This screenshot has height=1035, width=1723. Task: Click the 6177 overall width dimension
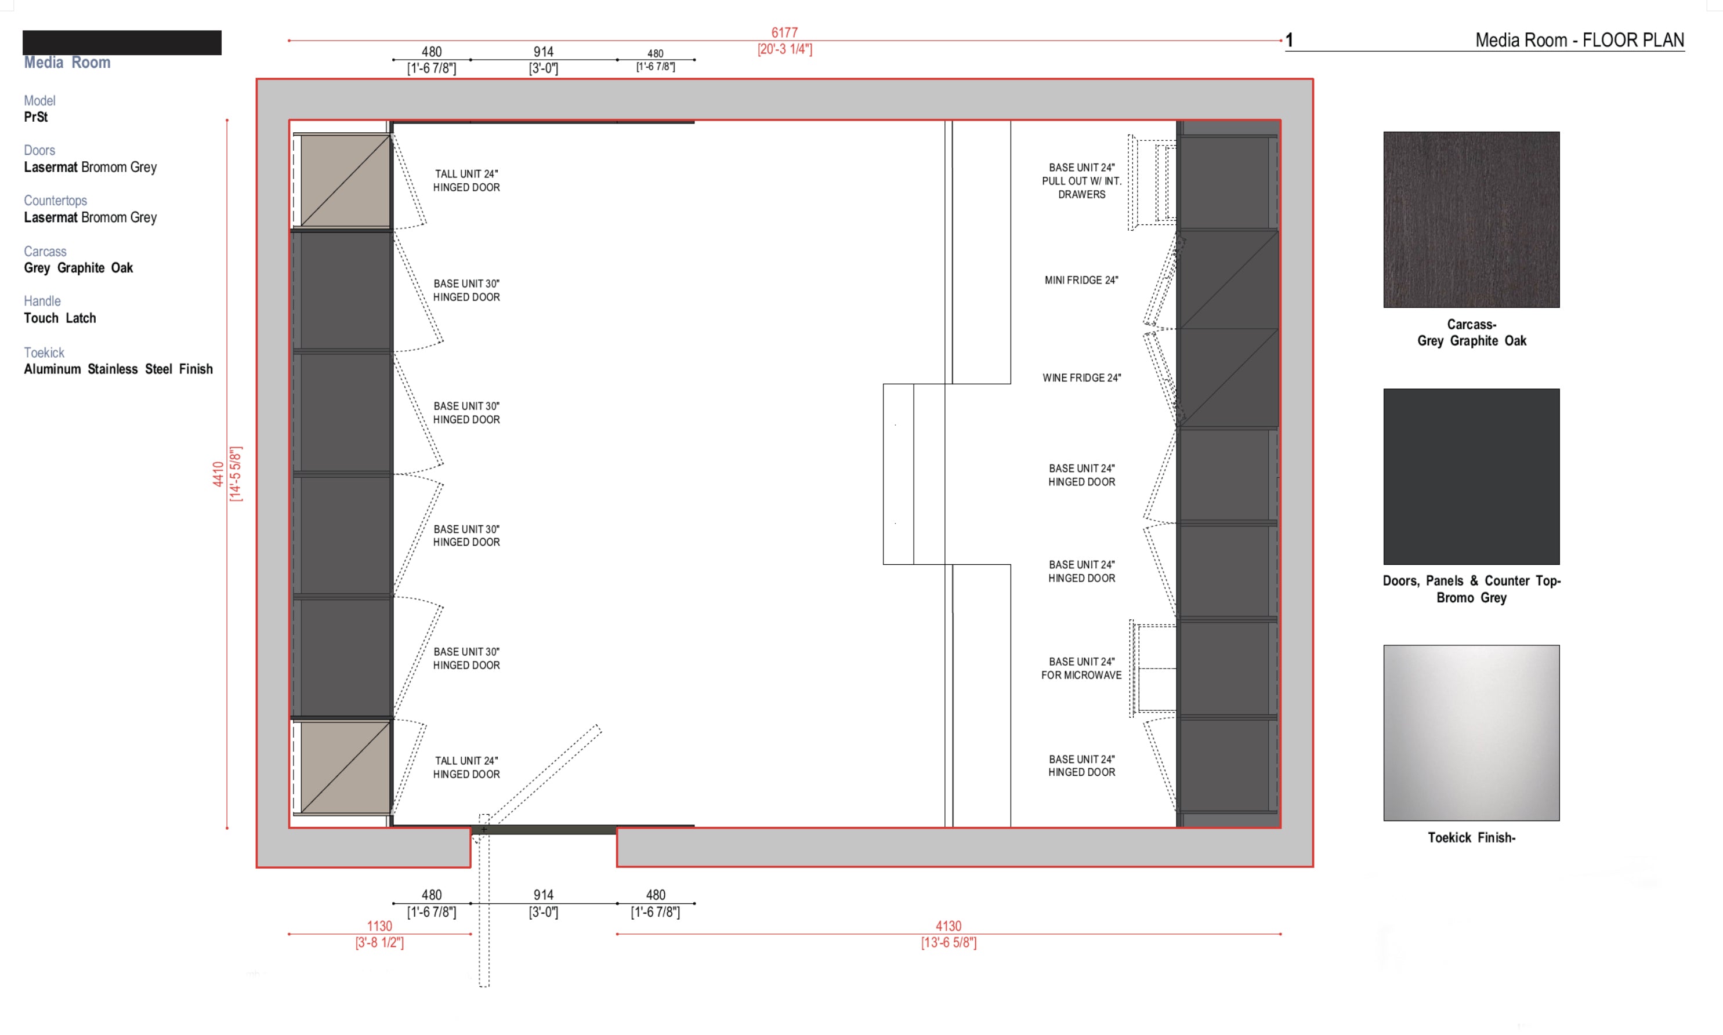[784, 33]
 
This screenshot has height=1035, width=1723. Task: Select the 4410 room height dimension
[218, 474]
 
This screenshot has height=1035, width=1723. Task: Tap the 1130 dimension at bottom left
[379, 926]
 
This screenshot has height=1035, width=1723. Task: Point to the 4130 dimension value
[948, 926]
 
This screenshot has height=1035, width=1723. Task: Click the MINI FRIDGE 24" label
[1081, 281]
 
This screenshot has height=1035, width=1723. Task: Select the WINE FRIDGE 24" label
[1081, 378]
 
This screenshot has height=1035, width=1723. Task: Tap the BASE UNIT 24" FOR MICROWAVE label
[1081, 668]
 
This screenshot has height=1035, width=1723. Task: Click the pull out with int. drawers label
[1081, 181]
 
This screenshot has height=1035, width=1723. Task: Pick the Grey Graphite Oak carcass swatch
[1471, 220]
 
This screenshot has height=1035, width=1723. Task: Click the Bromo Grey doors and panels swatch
[1471, 477]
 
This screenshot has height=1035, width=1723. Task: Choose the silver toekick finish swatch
[1471, 732]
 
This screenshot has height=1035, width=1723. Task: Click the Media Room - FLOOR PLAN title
[1579, 41]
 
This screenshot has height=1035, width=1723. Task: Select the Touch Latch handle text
[60, 318]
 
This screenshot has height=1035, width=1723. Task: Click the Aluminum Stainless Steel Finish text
[118, 369]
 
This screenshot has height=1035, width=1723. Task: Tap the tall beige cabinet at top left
[345, 181]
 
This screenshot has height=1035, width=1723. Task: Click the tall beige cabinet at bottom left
[345, 767]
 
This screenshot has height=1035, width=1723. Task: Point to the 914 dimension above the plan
[544, 52]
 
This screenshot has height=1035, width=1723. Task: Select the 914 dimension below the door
[544, 895]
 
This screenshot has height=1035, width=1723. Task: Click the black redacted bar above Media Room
[122, 42]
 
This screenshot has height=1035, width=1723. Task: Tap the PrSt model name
[35, 117]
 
